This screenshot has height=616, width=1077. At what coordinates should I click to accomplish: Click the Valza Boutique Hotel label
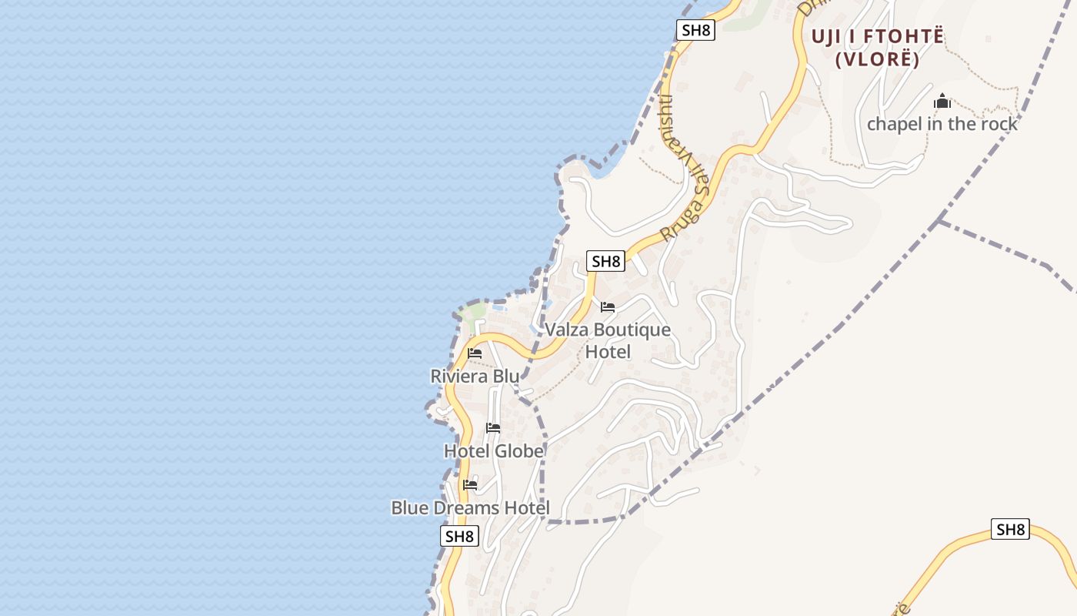click(x=608, y=340)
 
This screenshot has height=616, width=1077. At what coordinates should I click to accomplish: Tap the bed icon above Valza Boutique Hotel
click(x=608, y=307)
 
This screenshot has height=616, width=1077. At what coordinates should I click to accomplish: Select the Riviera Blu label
click(x=475, y=377)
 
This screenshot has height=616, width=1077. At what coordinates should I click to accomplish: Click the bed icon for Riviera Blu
click(x=475, y=353)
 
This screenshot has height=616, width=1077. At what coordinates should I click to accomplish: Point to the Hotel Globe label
click(x=494, y=450)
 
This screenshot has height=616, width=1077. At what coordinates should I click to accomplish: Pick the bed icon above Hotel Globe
click(x=493, y=427)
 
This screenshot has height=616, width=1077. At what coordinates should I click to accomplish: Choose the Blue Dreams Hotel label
click(x=470, y=508)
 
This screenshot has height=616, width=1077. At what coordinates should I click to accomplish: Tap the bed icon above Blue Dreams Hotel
click(x=470, y=485)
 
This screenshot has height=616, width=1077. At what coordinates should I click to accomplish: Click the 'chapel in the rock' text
click(x=942, y=124)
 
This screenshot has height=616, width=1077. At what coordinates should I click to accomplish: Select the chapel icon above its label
click(x=942, y=101)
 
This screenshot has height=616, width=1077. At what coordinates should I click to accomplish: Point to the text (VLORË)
click(x=878, y=59)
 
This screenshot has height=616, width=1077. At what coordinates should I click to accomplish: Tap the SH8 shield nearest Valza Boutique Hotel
click(x=605, y=261)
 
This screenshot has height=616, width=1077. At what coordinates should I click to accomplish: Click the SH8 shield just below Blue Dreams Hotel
click(x=459, y=536)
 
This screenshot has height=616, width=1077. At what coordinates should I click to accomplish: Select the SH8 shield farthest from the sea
click(x=1010, y=529)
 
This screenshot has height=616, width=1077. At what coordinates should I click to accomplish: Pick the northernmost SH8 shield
click(x=696, y=30)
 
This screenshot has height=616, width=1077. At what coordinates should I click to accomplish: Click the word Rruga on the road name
click(x=681, y=219)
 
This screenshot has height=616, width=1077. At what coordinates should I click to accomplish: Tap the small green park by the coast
click(x=475, y=311)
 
